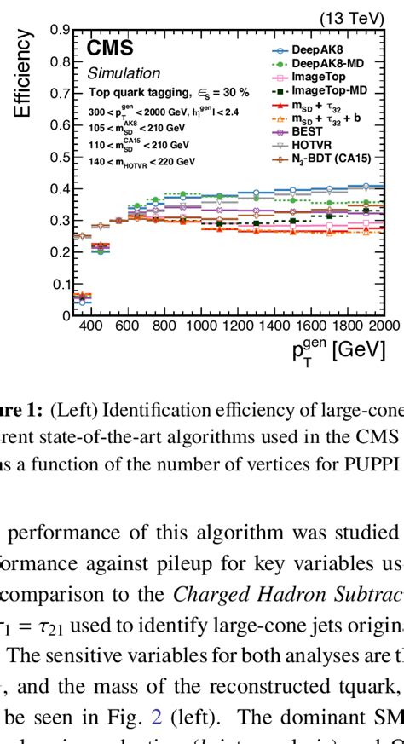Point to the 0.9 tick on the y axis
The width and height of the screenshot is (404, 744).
point(61,31)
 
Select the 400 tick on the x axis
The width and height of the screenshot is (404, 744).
point(89,326)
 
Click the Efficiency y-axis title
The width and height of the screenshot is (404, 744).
point(23,74)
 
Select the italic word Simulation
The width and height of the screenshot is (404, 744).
point(124,73)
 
